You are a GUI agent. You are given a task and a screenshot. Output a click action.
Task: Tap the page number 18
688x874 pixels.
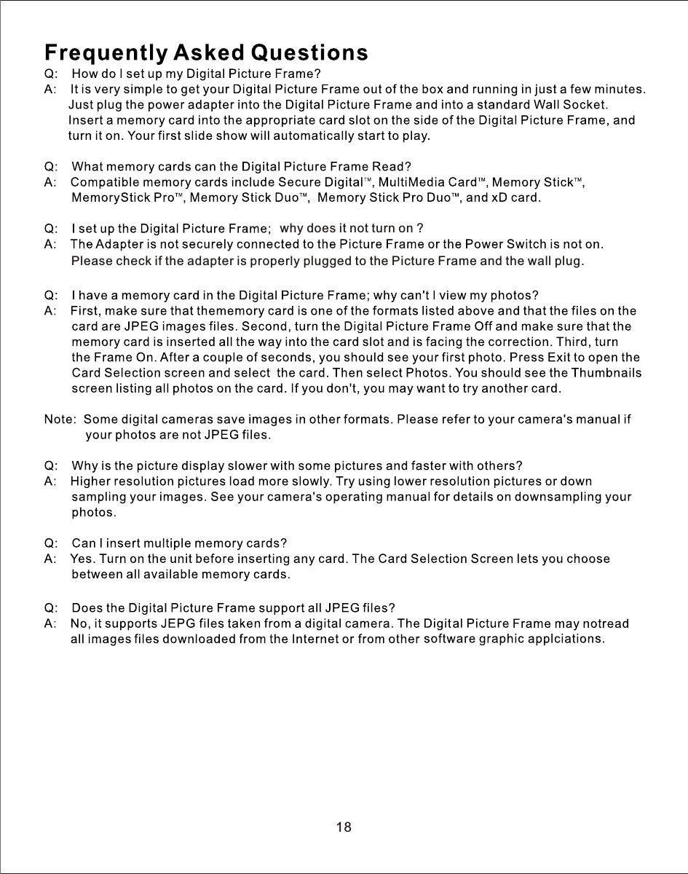click(x=344, y=827)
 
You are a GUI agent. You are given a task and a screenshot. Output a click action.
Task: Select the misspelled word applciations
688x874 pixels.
click(x=567, y=639)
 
